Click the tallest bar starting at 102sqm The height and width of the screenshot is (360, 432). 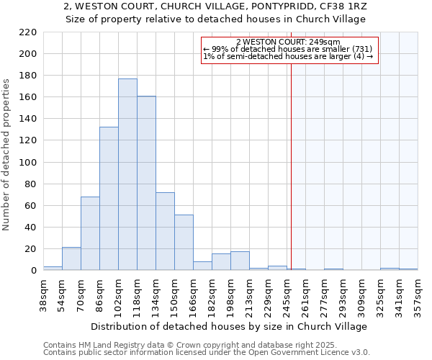click(127, 174)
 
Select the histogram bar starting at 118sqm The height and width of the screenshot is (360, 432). click(146, 183)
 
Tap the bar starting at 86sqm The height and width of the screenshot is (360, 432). click(109, 199)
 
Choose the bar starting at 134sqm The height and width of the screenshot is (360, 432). click(165, 231)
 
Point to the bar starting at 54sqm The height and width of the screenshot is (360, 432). click(71, 258)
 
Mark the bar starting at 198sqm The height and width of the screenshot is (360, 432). click(240, 261)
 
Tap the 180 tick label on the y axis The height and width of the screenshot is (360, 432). click(28, 76)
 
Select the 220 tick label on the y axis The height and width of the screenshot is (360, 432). click(28, 32)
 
